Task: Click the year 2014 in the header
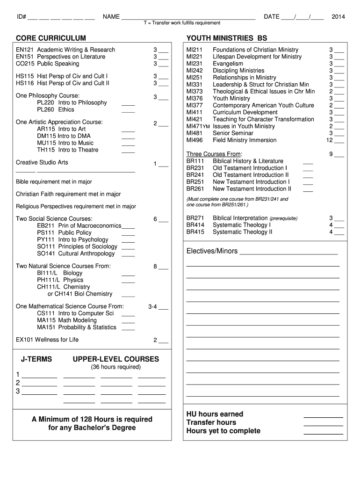tap(338, 17)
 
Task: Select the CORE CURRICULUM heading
tap(51, 37)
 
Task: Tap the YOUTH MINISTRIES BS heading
tap(227, 37)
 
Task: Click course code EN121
tap(25, 50)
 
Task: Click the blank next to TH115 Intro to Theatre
tap(128, 150)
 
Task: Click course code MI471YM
tap(198, 126)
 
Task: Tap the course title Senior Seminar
tap(233, 133)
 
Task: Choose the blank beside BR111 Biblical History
tap(308, 162)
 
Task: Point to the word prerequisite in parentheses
tap(283, 218)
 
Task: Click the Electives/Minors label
tap(212, 251)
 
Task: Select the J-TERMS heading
tap(36, 359)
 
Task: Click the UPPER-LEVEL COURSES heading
tap(116, 359)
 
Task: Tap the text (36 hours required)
tap(115, 367)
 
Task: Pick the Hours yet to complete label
tap(223, 431)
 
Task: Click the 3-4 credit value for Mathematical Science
tap(152, 307)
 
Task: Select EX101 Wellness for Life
tap(47, 340)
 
